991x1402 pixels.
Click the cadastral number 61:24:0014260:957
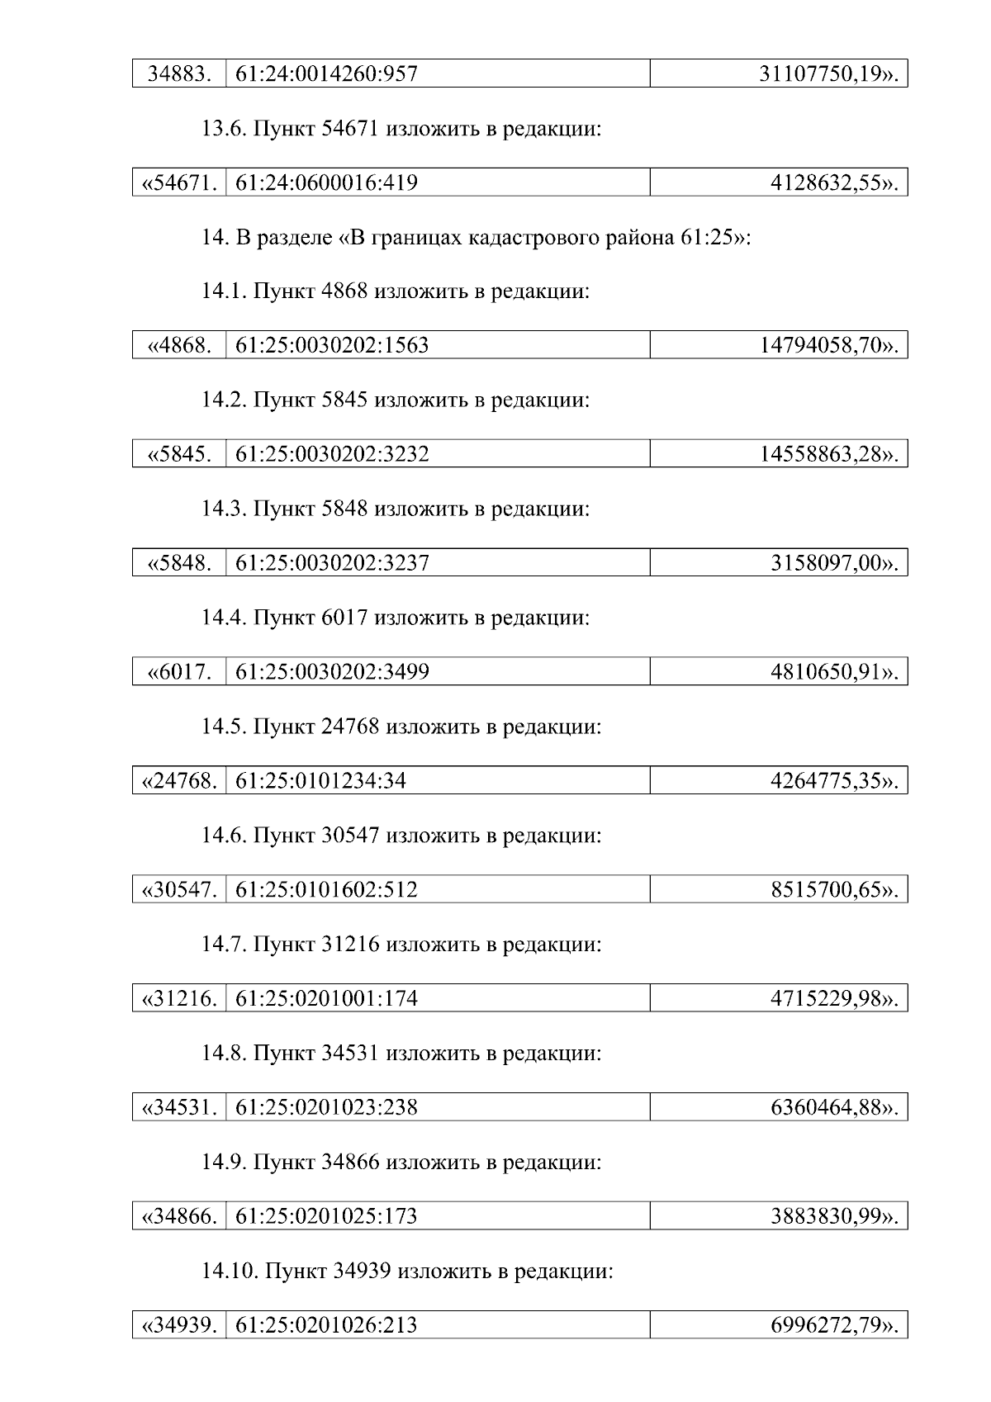(326, 74)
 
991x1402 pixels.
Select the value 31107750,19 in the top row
(827, 74)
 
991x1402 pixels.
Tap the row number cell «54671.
(180, 182)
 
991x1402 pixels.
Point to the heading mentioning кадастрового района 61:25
(476, 238)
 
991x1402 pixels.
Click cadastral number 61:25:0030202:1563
(332, 345)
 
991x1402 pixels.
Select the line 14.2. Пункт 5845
(396, 400)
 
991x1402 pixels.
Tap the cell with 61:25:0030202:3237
(332, 563)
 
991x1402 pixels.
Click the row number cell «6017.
(180, 672)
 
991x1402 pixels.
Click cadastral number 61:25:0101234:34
(320, 780)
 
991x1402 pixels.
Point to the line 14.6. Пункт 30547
(401, 836)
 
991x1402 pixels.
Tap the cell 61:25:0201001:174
(326, 998)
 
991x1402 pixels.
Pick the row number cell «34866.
(180, 1216)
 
